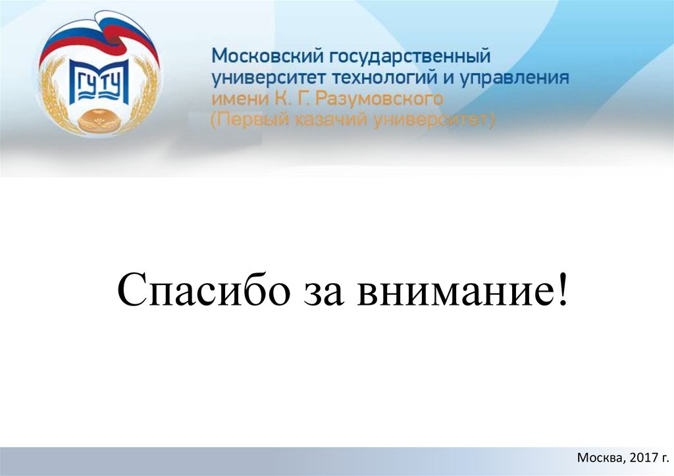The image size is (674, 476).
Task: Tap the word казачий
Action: [x=325, y=121]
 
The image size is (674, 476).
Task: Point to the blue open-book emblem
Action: [x=98, y=82]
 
